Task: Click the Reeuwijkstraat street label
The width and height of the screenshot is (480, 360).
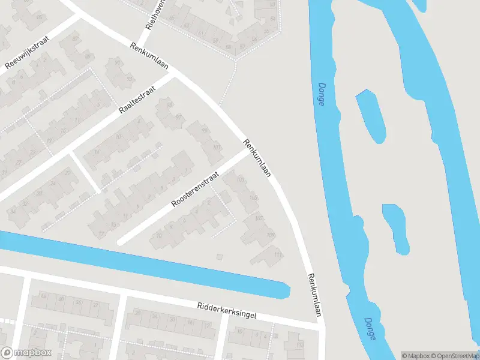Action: (x=27, y=52)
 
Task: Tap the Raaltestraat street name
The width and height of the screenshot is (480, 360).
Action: (x=138, y=100)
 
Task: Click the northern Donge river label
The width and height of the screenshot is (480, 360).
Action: (x=321, y=94)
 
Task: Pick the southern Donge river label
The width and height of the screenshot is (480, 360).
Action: (x=369, y=329)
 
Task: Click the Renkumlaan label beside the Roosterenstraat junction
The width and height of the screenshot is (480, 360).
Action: (x=257, y=158)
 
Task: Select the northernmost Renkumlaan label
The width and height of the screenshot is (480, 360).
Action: (x=147, y=56)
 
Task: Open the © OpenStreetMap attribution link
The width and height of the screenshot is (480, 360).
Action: (x=454, y=355)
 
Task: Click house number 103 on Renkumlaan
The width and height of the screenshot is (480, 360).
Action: (x=241, y=180)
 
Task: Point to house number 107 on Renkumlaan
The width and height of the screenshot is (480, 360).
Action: (x=259, y=218)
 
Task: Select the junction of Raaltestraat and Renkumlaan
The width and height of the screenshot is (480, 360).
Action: (x=175, y=76)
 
